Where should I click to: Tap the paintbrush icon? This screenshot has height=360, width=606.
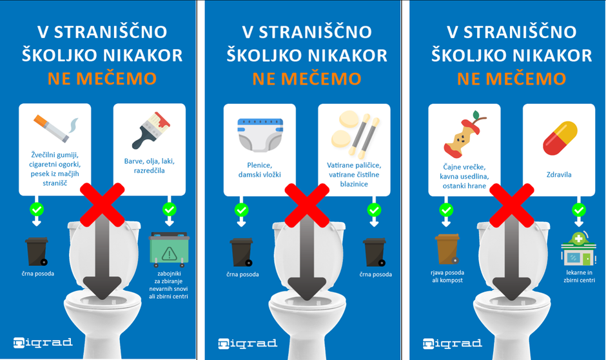[150, 130]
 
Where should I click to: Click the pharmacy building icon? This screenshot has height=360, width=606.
[579, 250]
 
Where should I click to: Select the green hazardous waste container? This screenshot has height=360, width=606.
[168, 249]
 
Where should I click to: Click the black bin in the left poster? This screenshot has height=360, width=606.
[36, 252]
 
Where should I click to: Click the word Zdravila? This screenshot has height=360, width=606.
[559, 174]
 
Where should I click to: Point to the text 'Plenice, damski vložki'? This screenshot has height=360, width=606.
[260, 170]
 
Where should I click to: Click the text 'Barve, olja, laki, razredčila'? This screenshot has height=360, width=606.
[150, 166]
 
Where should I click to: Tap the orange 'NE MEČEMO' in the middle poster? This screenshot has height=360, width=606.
[306, 79]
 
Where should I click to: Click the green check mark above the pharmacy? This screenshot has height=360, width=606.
[579, 210]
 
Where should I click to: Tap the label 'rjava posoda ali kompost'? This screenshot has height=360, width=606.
[447, 276]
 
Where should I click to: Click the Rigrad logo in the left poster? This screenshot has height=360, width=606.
[43, 343]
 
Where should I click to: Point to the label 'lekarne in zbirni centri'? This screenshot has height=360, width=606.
[578, 277]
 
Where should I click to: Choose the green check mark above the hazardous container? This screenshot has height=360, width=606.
[169, 210]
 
